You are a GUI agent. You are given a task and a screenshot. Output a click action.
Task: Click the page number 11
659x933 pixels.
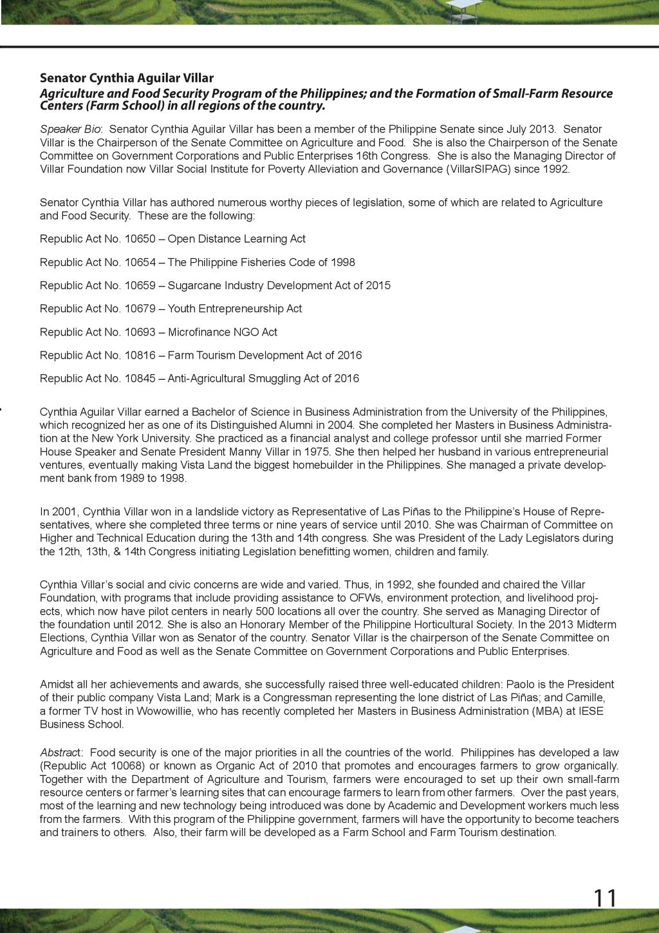pos(604,898)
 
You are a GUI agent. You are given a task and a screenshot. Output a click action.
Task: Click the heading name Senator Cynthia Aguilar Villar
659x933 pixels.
pos(127,78)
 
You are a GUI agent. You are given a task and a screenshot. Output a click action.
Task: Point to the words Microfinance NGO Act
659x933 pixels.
pos(223,332)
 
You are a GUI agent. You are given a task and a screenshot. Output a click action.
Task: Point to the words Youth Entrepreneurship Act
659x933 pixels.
pos(235,308)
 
